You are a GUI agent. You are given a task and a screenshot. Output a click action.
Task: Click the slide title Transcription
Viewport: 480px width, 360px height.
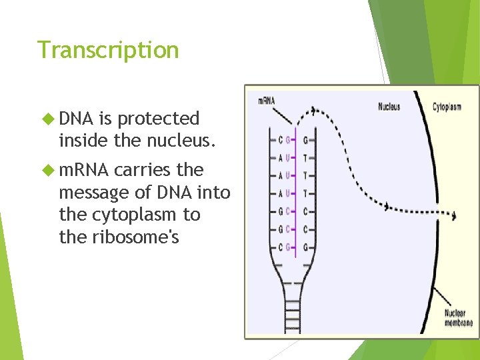click(x=108, y=50)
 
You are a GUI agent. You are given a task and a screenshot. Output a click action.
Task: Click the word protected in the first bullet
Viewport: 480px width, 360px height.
click(x=158, y=119)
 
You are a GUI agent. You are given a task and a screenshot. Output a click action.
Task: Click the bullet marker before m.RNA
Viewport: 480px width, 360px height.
click(x=48, y=170)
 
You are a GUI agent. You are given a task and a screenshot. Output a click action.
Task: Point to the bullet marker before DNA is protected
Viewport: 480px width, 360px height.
click(x=48, y=119)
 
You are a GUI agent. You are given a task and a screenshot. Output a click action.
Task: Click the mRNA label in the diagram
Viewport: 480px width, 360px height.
click(x=266, y=101)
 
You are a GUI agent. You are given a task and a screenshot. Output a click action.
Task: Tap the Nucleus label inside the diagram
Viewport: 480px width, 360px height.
click(x=389, y=106)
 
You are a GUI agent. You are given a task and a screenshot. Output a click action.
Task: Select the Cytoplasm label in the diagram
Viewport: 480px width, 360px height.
click(x=447, y=106)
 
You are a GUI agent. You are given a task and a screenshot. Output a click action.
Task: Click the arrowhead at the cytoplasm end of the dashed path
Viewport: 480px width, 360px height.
click(x=455, y=215)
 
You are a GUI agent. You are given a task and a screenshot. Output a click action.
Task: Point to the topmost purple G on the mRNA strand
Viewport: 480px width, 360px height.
click(x=289, y=140)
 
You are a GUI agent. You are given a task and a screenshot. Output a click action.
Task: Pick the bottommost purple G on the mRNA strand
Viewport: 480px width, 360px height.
click(x=289, y=247)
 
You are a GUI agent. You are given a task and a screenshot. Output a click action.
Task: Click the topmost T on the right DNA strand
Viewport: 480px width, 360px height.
click(x=305, y=158)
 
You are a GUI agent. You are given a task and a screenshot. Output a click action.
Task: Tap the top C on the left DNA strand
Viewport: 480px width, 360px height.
click(x=279, y=140)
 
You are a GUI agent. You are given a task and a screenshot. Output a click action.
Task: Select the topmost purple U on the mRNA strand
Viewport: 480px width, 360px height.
click(x=289, y=158)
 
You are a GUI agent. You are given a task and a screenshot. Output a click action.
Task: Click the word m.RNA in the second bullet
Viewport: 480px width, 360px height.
click(x=84, y=170)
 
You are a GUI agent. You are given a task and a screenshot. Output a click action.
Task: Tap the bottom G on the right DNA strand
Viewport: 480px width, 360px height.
click(x=305, y=247)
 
